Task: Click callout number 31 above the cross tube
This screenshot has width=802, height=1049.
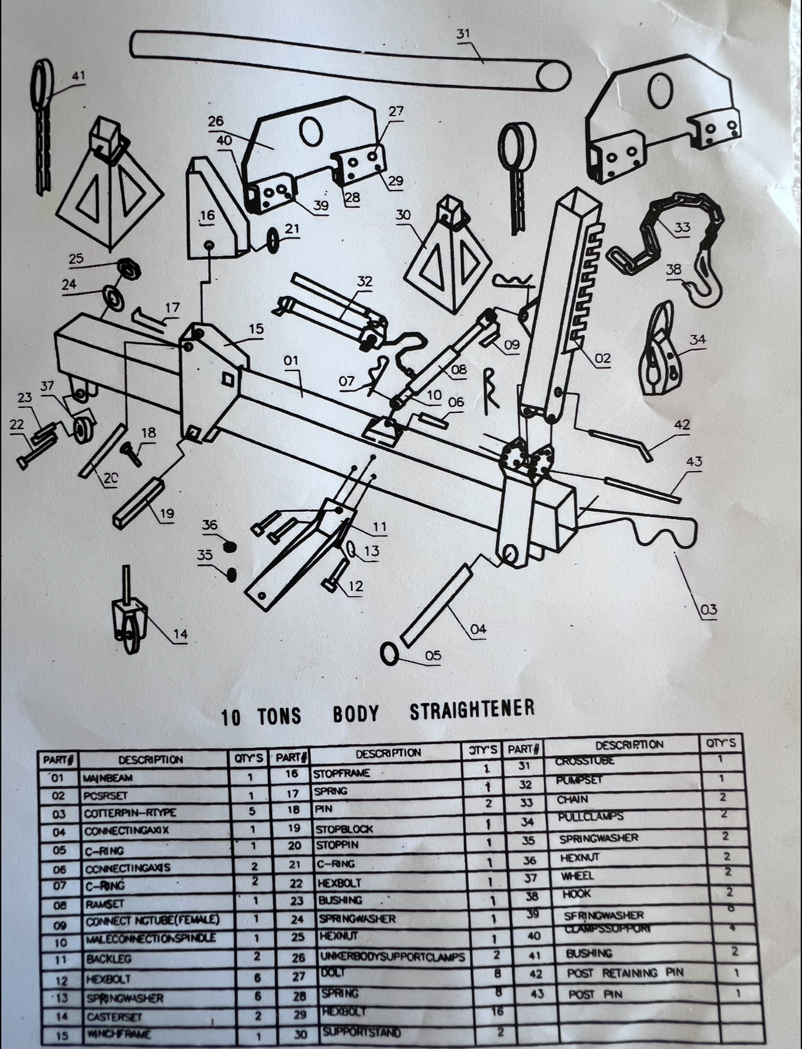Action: coord(463,34)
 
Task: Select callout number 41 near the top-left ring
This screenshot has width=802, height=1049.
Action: coord(78,76)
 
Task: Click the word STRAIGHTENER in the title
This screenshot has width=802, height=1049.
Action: coord(472,710)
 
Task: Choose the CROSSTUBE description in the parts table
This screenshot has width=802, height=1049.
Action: coord(585,761)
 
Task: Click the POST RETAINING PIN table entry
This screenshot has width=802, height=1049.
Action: coord(625,973)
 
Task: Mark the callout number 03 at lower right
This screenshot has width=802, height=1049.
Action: coord(709,609)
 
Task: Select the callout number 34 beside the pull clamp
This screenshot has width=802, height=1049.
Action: coord(698,340)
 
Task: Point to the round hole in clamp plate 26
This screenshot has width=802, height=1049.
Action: coord(310,131)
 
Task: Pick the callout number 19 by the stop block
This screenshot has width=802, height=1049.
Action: coord(167,514)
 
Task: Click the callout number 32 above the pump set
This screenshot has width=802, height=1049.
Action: coord(365,282)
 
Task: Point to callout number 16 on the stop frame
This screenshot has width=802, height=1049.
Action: coord(207,216)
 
